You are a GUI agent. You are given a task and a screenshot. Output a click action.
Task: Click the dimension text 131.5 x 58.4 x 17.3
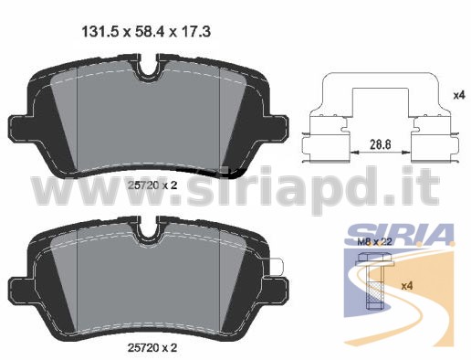[146, 32]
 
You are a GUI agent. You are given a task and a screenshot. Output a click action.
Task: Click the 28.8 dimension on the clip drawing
[380, 143]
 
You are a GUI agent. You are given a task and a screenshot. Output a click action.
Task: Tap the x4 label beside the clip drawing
[459, 95]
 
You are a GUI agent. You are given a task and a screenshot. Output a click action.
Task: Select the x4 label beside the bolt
[407, 286]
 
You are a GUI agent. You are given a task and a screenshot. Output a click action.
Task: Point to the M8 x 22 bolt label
[374, 242]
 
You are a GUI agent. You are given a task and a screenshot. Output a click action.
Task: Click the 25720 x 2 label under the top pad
[152, 185]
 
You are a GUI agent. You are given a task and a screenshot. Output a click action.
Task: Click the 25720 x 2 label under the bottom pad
[152, 348]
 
